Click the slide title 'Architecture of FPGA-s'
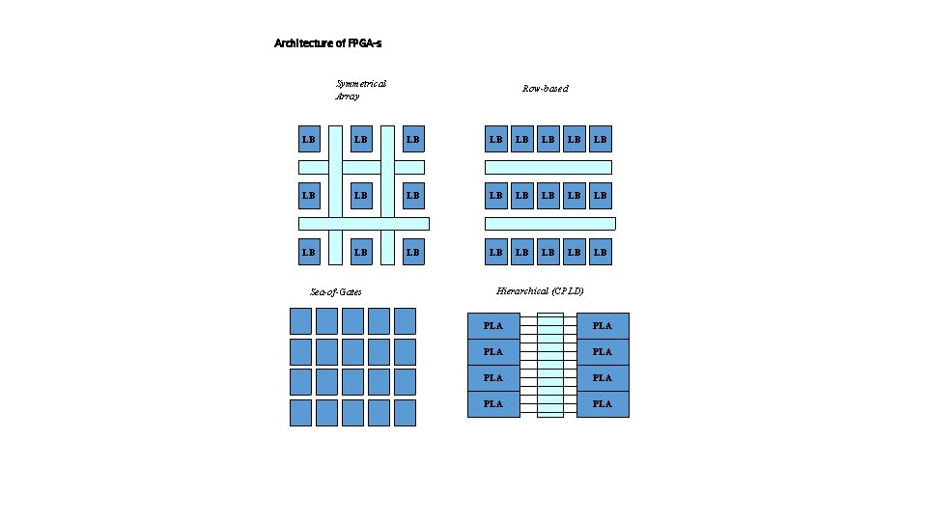click(333, 43)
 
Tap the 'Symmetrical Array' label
click(359, 90)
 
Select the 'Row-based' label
click(546, 89)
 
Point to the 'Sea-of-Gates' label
click(336, 291)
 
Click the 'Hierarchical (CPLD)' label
click(540, 290)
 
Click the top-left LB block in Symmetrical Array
click(309, 140)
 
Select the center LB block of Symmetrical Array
click(361, 196)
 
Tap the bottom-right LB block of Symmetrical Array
click(413, 252)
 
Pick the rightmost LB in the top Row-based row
click(601, 140)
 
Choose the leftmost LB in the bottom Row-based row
click(496, 252)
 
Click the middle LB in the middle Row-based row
click(548, 196)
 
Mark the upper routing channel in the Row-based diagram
click(548, 167)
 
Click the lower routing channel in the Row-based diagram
click(549, 224)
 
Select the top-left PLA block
click(493, 325)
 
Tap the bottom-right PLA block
click(603, 403)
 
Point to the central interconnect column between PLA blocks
click(549, 365)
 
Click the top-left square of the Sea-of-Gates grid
click(300, 320)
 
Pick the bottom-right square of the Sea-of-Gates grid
click(405, 412)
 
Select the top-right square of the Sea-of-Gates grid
click(405, 320)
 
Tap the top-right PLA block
click(603, 325)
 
